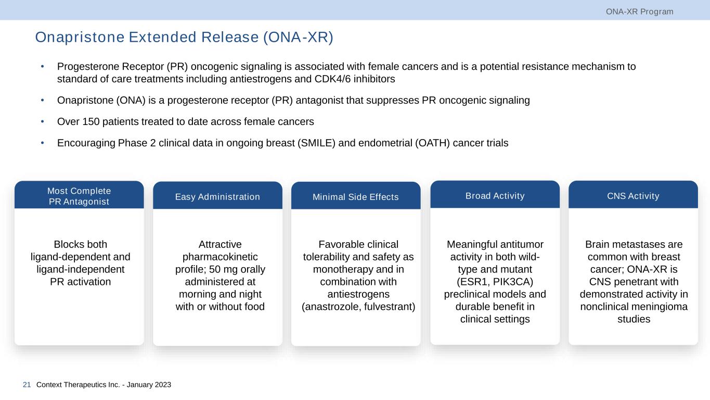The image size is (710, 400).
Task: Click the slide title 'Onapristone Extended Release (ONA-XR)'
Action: [x=184, y=37]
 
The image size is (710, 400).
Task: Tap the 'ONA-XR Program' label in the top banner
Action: [x=639, y=11]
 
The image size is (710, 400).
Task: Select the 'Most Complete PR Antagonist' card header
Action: [x=80, y=196]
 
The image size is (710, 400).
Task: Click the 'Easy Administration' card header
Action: [x=217, y=196]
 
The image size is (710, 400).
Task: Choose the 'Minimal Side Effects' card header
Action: [x=356, y=197]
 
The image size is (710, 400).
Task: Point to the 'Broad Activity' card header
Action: [x=495, y=196]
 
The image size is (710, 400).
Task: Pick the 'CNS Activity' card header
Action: [x=633, y=196]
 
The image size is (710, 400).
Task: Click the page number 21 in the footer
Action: [x=27, y=385]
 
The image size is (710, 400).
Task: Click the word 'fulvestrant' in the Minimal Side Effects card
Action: [x=390, y=307]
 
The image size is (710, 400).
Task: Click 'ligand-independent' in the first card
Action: [x=80, y=269]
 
